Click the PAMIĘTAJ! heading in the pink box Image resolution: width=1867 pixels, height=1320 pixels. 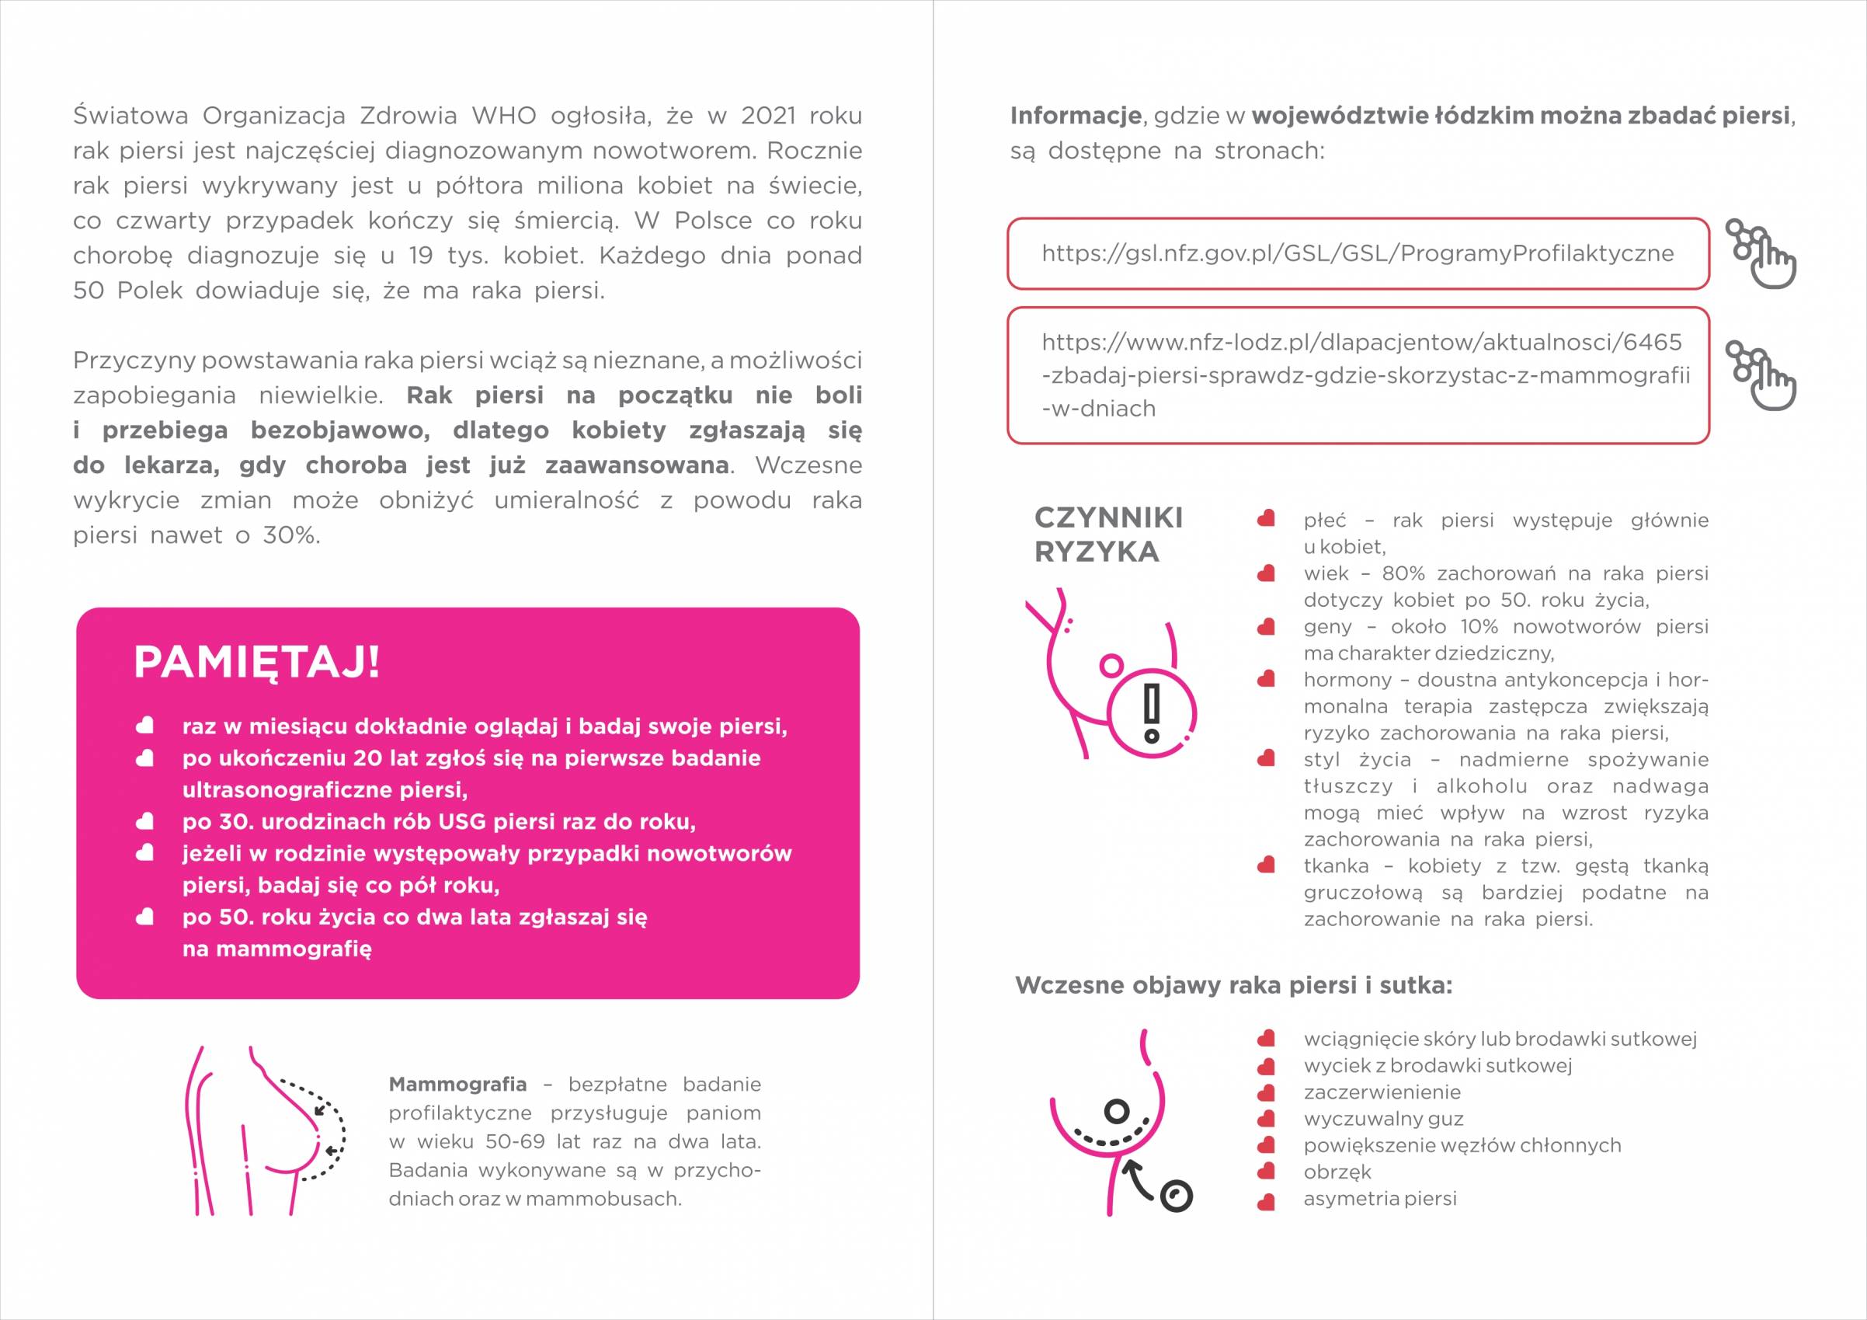256,663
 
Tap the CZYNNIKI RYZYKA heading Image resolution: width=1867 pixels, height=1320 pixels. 1107,535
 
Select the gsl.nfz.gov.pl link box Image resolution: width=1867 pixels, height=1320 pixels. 1358,254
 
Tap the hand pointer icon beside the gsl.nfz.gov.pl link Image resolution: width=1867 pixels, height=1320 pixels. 1760,253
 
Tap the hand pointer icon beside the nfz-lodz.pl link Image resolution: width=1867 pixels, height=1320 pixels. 1760,374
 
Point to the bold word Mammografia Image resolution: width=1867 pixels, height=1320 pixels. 457,1084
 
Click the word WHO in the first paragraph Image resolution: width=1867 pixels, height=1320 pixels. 503,117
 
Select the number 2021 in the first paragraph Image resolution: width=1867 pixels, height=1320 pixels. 767,117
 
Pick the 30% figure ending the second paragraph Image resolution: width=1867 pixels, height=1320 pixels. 290,536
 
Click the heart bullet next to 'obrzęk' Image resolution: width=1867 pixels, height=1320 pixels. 1265,1172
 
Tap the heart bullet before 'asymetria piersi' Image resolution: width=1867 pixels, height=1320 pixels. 1265,1199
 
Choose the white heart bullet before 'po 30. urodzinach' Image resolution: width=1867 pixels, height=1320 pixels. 144,822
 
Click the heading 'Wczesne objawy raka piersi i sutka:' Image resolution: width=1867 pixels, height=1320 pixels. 1233,986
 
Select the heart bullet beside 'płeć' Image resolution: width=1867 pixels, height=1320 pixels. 1265,520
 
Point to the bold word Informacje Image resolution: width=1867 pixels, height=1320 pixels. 1075,117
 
